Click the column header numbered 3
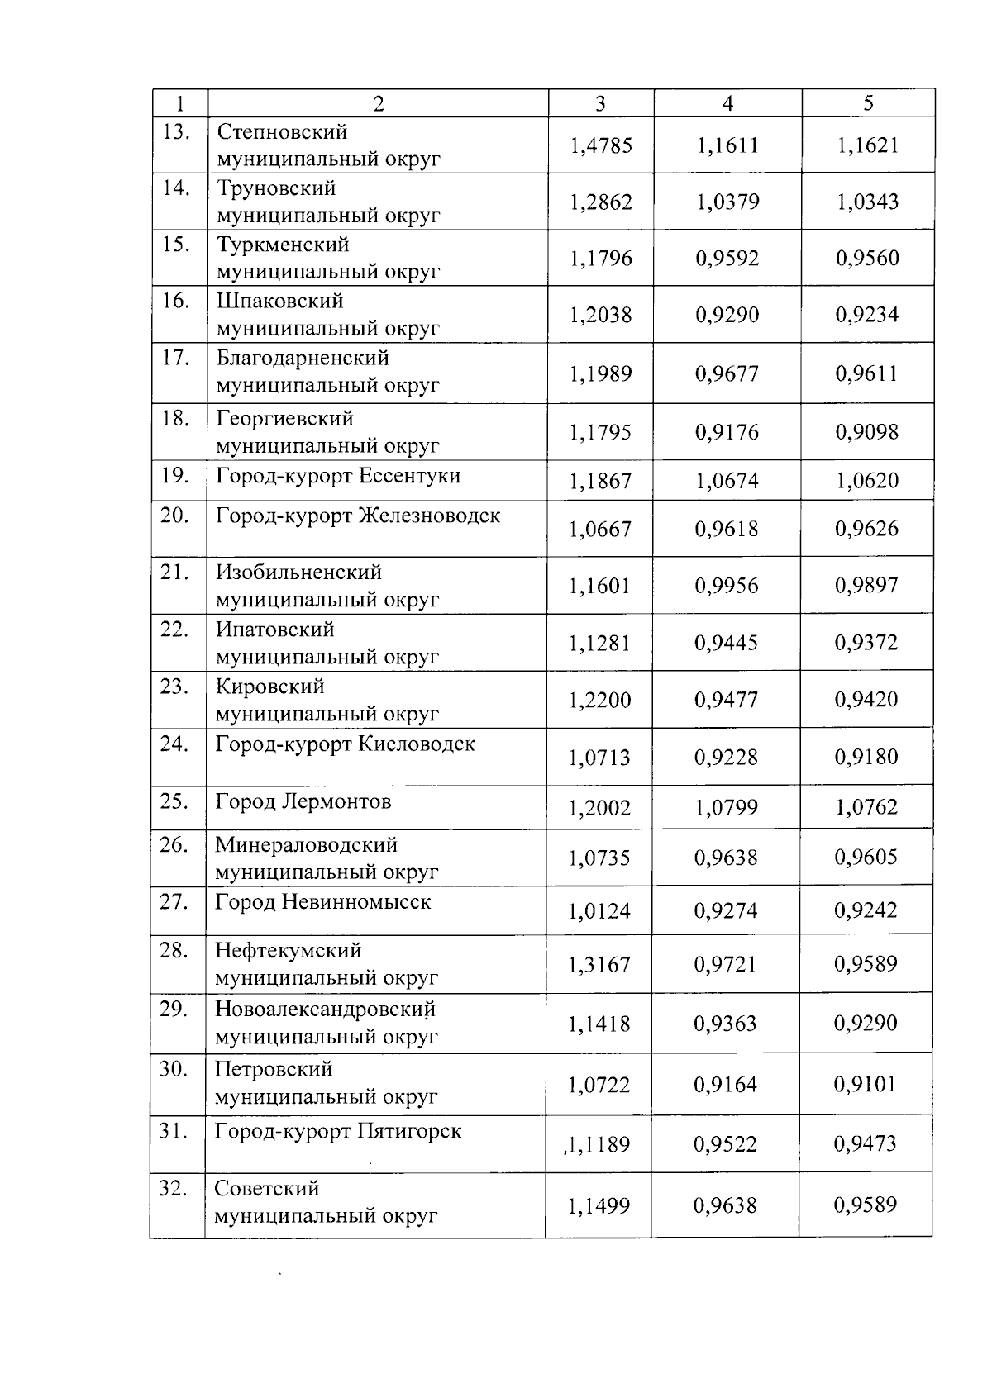click(600, 103)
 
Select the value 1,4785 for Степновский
click(601, 146)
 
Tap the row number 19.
click(175, 476)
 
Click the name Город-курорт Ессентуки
click(338, 477)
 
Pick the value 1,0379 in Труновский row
click(727, 202)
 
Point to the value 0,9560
click(867, 259)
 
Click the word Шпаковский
click(279, 301)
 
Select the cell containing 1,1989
click(600, 374)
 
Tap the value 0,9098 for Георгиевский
click(866, 432)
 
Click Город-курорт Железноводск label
click(358, 516)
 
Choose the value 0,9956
click(727, 587)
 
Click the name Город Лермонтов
click(303, 802)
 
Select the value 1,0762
click(866, 807)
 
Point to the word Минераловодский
click(306, 845)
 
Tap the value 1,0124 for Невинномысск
click(599, 912)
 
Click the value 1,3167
click(599, 965)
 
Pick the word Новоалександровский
click(325, 1010)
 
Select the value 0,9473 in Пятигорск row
click(865, 1144)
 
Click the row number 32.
click(174, 1189)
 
